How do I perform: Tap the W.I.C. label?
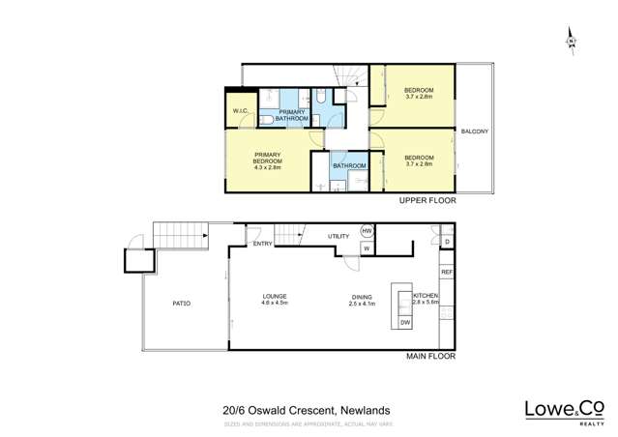point(241,111)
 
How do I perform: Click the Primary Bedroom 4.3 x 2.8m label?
point(267,160)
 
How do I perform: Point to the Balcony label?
point(474,131)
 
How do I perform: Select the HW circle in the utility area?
point(367,232)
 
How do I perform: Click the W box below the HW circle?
point(367,248)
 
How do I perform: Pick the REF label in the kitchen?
point(447,273)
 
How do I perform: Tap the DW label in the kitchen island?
point(405,322)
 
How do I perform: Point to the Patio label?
point(181,304)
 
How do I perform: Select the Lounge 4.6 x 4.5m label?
point(275,300)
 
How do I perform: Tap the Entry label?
point(262,244)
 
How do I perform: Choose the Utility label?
point(338,236)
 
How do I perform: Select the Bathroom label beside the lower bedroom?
point(348,165)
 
